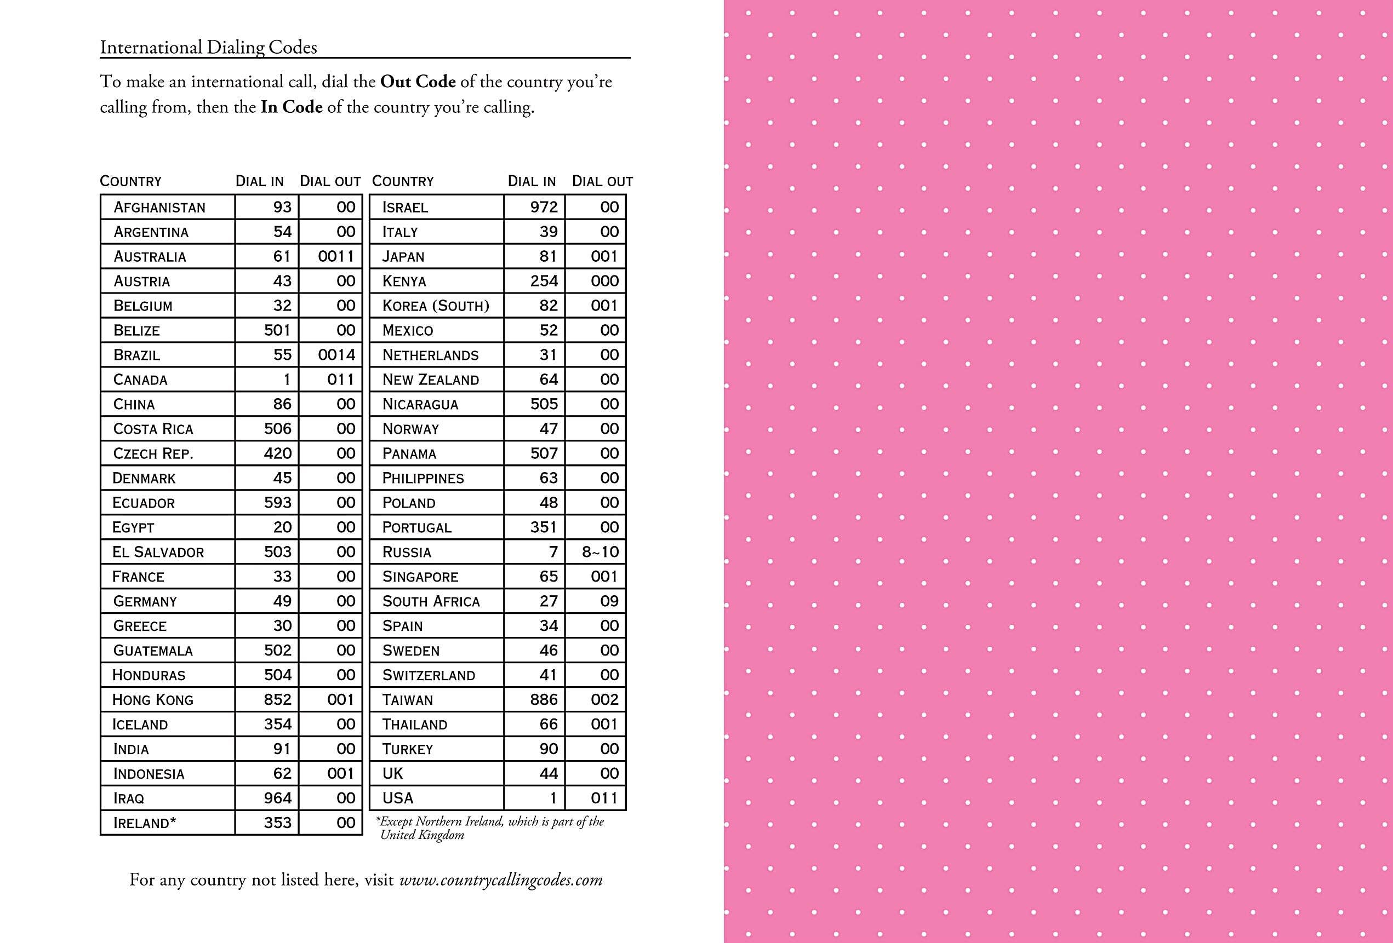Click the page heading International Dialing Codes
pyautogui.click(x=208, y=47)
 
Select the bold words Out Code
pyautogui.click(x=418, y=82)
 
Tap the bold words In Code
pyautogui.click(x=292, y=107)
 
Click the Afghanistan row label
pyautogui.click(x=159, y=208)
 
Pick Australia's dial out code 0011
pyautogui.click(x=336, y=256)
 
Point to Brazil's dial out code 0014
pyautogui.click(x=336, y=355)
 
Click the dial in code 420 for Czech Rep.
pyautogui.click(x=277, y=453)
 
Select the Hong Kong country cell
pyautogui.click(x=153, y=699)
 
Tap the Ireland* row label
pyautogui.click(x=145, y=823)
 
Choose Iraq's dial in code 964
pyautogui.click(x=277, y=798)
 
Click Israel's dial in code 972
pyautogui.click(x=544, y=208)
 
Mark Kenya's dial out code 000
pyautogui.click(x=604, y=281)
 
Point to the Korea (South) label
pyautogui.click(x=436, y=306)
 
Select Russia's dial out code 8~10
pyautogui.click(x=600, y=552)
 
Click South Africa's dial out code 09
pyautogui.click(x=609, y=601)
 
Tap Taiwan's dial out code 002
pyautogui.click(x=604, y=699)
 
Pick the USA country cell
pyautogui.click(x=398, y=798)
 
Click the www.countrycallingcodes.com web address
pyautogui.click(x=500, y=879)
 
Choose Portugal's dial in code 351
pyautogui.click(x=544, y=527)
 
